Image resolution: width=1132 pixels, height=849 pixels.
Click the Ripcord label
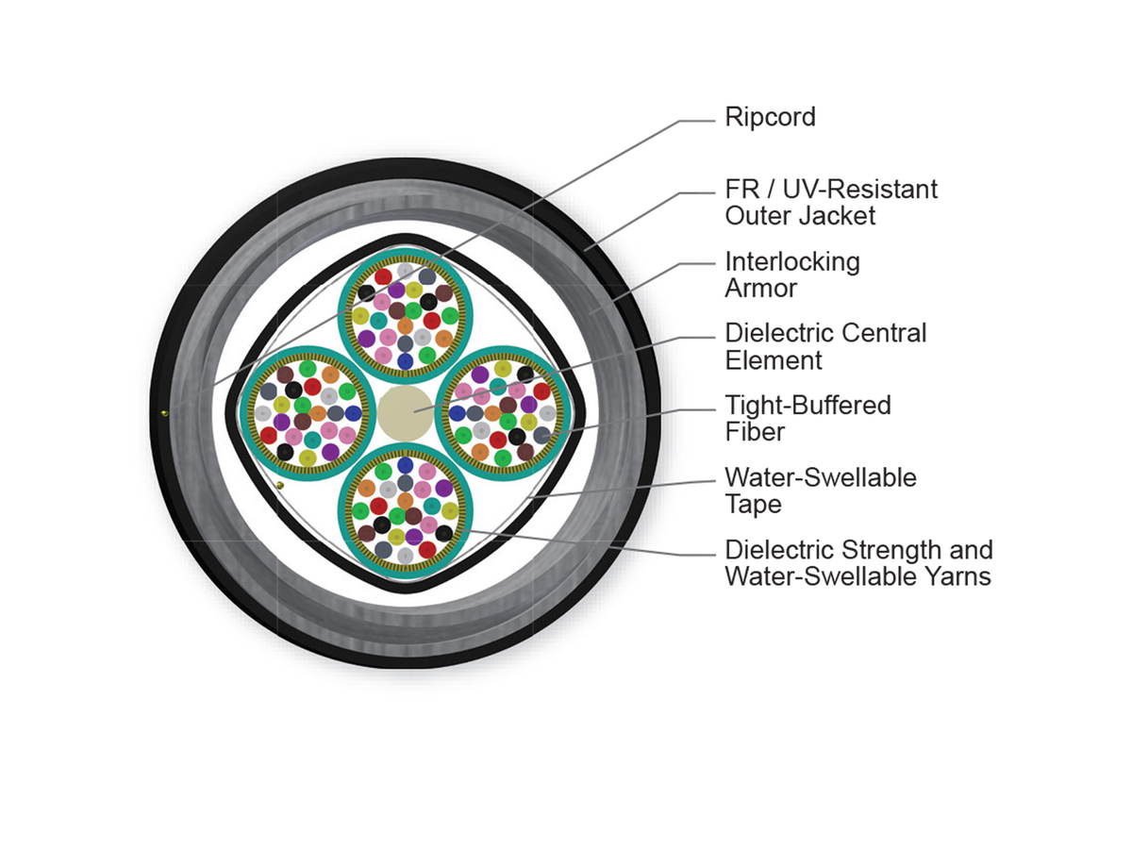point(770,118)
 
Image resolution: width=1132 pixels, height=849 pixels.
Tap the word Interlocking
point(792,263)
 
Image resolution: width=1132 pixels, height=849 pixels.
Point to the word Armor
point(760,288)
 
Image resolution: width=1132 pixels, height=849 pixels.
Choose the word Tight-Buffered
point(807,407)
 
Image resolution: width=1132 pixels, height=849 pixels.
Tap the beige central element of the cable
point(405,413)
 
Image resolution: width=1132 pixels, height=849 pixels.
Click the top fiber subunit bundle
point(406,315)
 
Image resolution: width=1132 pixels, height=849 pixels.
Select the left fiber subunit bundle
point(308,413)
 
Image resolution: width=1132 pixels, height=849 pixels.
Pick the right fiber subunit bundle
point(504,413)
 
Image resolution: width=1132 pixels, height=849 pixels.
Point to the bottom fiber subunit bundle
point(406,511)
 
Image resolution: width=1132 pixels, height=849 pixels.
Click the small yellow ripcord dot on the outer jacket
point(164,413)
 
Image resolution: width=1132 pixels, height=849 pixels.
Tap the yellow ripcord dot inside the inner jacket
point(280,485)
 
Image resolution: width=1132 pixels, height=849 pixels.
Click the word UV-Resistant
point(859,190)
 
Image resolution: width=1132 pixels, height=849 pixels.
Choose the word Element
point(773,360)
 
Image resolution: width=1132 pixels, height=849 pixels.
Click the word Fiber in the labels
point(755,432)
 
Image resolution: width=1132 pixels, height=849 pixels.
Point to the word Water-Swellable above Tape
point(821,478)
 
